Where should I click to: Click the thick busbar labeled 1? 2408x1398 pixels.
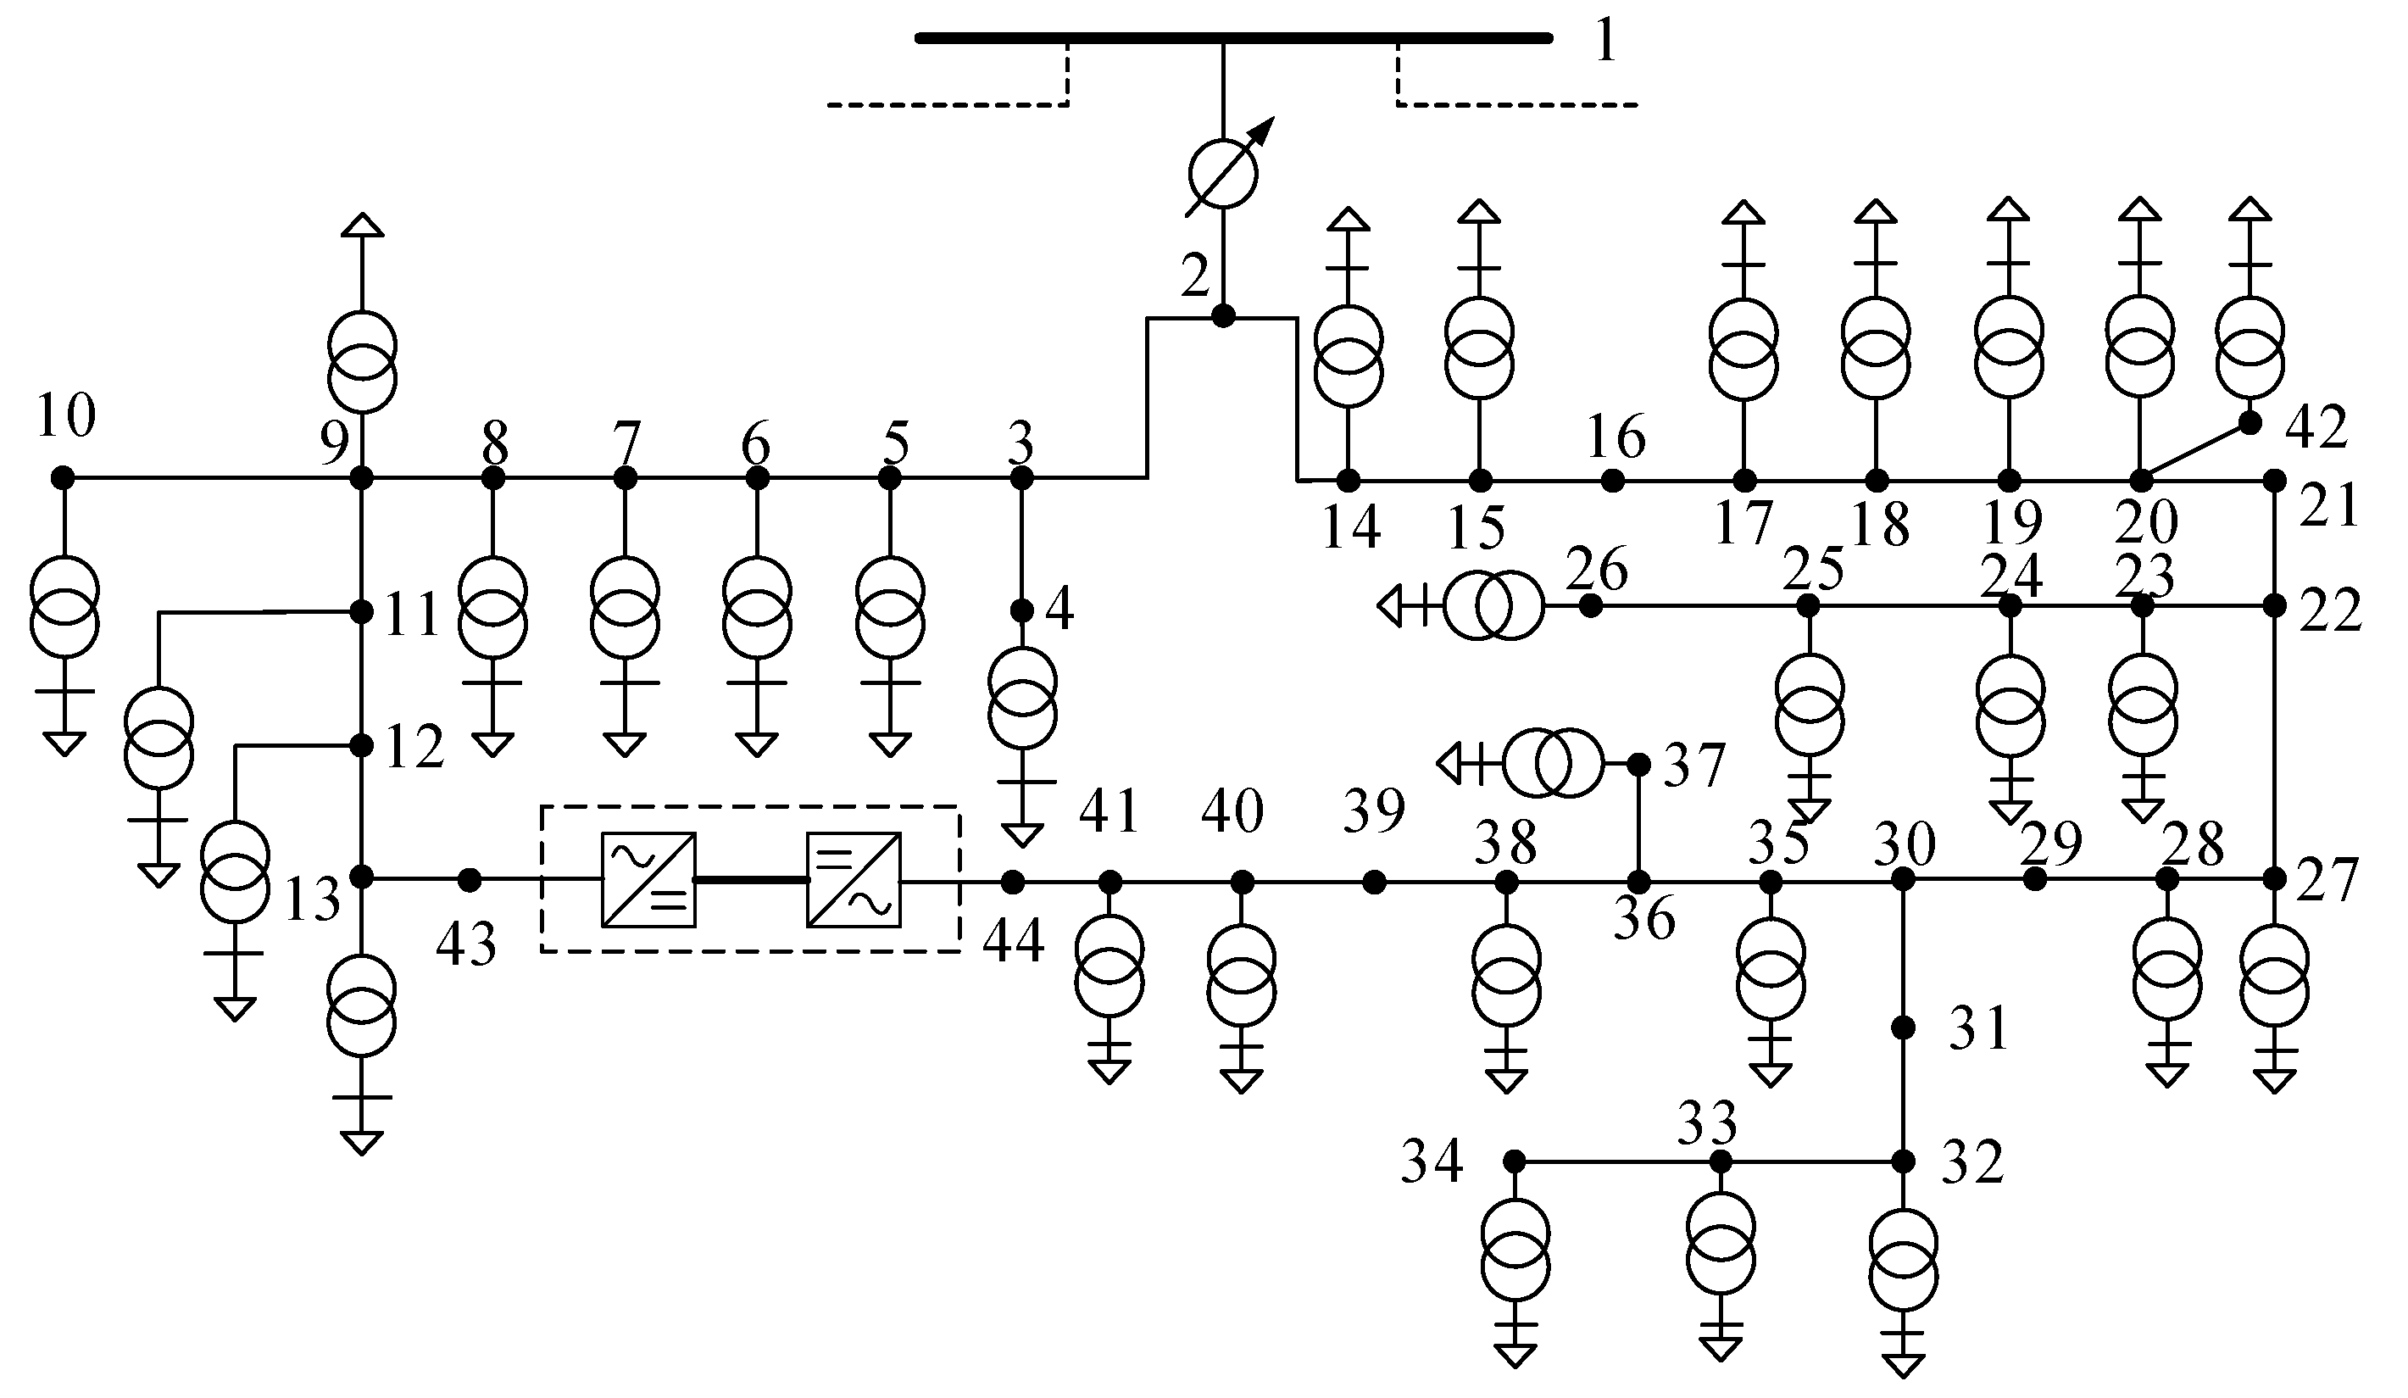1232,38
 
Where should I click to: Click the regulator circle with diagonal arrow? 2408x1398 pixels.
1223,174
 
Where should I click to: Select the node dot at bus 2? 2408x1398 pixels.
1223,316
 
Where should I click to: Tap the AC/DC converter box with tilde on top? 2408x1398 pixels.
648,880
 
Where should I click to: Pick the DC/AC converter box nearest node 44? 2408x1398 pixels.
854,880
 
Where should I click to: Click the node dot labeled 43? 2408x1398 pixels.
470,880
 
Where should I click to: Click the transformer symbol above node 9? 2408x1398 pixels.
362,360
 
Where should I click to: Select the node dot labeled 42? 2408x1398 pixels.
2250,423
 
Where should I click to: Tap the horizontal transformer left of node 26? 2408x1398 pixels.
1492,604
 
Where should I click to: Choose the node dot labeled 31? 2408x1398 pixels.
1904,1028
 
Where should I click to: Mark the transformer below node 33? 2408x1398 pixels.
1720,1256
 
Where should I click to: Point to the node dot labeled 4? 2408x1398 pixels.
1022,610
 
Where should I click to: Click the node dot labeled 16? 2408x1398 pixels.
1613,481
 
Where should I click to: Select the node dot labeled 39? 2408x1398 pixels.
1374,882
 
